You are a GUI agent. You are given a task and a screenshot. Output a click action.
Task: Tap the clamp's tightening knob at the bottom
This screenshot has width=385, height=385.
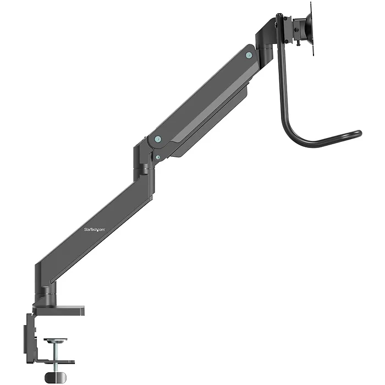(x=54, y=378)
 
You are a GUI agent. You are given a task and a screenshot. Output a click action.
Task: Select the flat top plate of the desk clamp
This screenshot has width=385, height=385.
(x=61, y=310)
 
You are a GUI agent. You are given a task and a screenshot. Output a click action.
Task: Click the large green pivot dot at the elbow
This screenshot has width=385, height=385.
(x=158, y=139)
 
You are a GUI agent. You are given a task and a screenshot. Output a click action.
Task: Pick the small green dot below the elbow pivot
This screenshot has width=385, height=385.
(x=158, y=156)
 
